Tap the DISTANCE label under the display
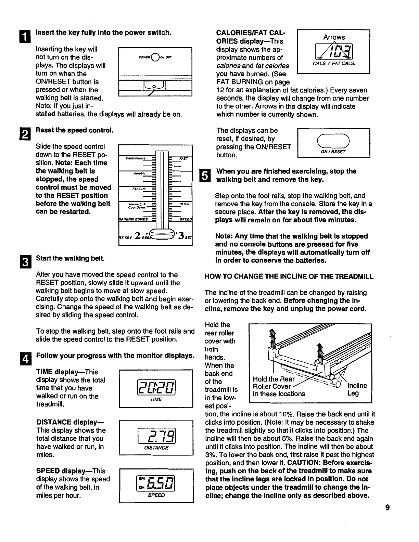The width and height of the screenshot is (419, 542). (x=156, y=448)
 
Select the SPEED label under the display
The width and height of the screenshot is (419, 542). (x=156, y=495)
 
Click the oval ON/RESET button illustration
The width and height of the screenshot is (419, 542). (x=333, y=140)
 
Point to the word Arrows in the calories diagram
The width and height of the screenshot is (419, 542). (x=334, y=37)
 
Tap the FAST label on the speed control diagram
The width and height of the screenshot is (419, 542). (x=183, y=159)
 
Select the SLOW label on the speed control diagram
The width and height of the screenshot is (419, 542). (x=184, y=204)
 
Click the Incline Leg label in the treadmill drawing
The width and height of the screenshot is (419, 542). (x=357, y=390)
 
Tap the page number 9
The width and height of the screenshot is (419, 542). (x=387, y=508)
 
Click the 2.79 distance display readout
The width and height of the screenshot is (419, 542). (x=156, y=434)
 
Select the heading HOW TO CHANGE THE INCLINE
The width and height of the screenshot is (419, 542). (x=289, y=276)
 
